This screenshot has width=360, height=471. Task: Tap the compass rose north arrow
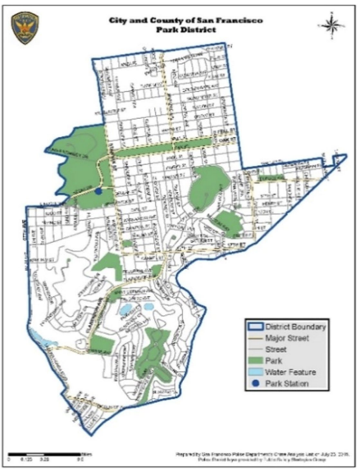coord(332,26)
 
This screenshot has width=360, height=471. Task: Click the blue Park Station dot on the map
coord(98,191)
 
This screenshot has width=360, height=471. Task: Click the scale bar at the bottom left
coord(45,452)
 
